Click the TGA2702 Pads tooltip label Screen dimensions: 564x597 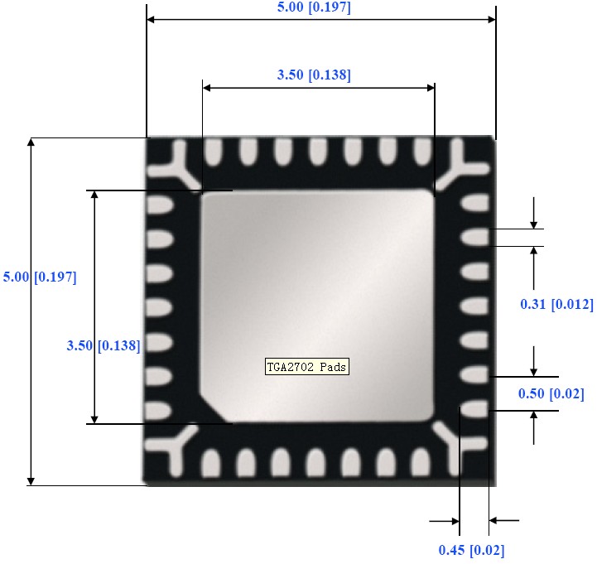306,366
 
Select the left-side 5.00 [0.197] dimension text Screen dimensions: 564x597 40,277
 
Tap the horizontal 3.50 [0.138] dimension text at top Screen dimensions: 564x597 314,75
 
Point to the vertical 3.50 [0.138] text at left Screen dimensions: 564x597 103,345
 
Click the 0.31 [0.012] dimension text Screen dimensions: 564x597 556,305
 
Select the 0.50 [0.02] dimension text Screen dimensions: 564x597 550,393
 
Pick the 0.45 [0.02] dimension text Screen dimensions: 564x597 470,550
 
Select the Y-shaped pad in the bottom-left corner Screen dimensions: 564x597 175,447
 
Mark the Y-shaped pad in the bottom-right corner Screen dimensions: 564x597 465,447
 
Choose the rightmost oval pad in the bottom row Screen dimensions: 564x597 421,461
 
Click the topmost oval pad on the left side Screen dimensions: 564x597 159,203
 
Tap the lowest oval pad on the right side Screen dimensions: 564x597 474,408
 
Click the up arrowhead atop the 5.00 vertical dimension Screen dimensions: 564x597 31,143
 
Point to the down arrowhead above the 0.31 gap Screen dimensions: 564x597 535,223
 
